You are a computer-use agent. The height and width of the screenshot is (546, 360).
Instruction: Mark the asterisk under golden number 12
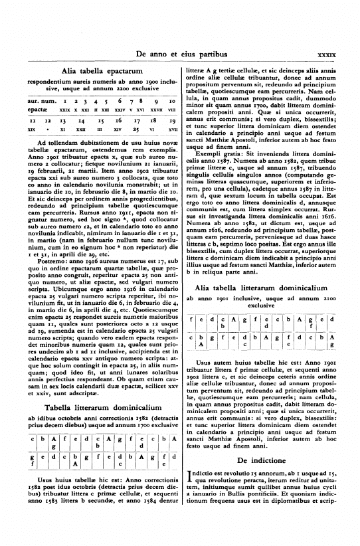tap(46, 131)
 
